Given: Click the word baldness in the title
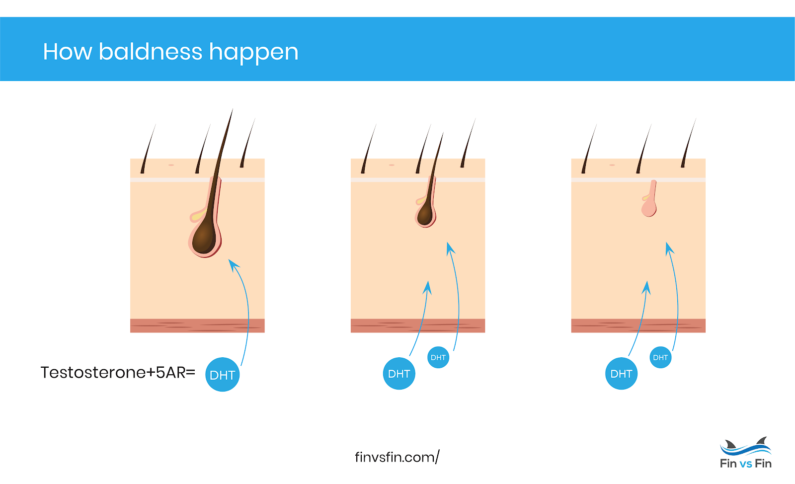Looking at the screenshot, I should click(x=151, y=51).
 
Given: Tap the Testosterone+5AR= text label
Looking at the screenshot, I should click(x=118, y=372).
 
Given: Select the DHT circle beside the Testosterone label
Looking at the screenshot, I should click(x=222, y=375).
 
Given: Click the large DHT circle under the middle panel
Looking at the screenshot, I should click(x=398, y=374).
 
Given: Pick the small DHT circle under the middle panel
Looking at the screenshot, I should click(x=438, y=357).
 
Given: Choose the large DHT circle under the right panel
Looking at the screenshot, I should click(x=621, y=374).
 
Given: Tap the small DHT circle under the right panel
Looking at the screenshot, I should click(x=660, y=357).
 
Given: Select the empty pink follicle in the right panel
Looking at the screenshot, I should click(x=649, y=206).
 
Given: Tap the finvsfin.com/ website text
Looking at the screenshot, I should click(x=397, y=457).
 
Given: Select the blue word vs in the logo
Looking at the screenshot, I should click(x=745, y=464).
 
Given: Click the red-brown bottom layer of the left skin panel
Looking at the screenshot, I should click(x=197, y=325).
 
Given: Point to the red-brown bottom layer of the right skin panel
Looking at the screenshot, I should click(x=638, y=325).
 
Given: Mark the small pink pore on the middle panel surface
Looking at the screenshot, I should click(x=392, y=164).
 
